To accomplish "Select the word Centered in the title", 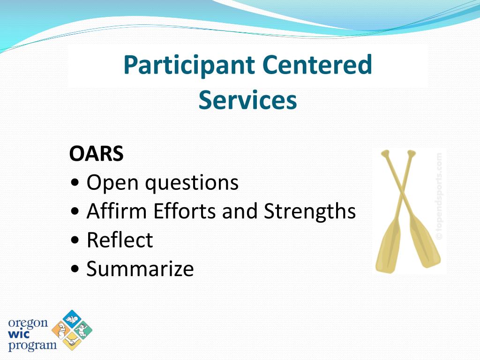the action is pos(317,65).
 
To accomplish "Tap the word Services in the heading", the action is pos(247,100).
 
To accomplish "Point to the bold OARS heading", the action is pos(97,153).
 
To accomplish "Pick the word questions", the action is pos(192,184).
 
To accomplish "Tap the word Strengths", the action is pos(310,212).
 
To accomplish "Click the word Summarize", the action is pos(140,269).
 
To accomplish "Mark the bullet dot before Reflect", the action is pos(75,240).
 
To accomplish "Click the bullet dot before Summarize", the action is pos(75,270).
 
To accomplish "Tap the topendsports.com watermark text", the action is pos(439,196).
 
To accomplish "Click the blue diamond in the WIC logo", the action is pos(72,319).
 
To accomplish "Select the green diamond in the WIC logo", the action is pos(82,330).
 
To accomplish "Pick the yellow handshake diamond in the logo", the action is pos(72,341).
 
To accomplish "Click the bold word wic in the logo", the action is pos(19,334).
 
